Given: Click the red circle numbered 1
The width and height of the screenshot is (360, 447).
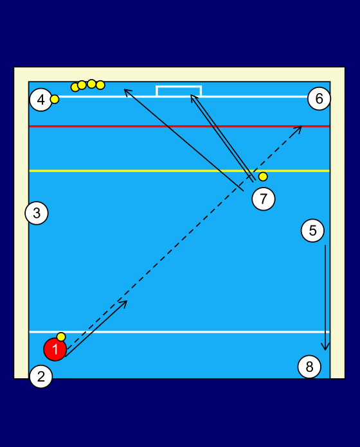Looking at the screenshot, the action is [x=55, y=349].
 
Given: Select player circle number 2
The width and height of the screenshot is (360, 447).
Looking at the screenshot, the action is [x=41, y=376].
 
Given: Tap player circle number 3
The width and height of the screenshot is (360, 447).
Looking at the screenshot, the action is [x=37, y=213].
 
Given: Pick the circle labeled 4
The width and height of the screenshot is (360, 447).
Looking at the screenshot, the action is [x=41, y=100].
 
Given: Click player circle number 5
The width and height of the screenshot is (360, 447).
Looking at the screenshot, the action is [x=312, y=231].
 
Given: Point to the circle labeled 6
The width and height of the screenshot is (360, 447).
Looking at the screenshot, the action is [x=319, y=99].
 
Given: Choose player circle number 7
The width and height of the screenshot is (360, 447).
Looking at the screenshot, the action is [x=264, y=198].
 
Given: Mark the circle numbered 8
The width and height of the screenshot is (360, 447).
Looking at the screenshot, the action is [x=309, y=367].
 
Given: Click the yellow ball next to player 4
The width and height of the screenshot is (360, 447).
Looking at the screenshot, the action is [x=55, y=99].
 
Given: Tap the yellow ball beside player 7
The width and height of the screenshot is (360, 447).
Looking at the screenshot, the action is [x=263, y=177].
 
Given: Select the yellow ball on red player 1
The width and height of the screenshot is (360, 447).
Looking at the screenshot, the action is [x=61, y=337].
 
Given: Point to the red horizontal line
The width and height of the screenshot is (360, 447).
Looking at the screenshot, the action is [x=179, y=126].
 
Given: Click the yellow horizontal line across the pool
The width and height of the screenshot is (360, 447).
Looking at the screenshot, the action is [x=179, y=171].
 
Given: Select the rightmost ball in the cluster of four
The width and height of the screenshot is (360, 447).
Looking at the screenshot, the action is [x=100, y=85].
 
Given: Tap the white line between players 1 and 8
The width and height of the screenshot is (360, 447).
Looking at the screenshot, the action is [x=179, y=332].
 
